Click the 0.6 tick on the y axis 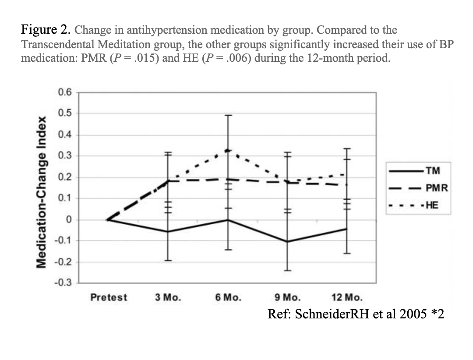coord(64,92)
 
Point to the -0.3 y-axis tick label coord(63,283)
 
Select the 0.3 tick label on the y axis coord(64,156)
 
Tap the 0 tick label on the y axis coord(68,219)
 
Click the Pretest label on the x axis coord(109,297)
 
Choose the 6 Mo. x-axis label coord(228,297)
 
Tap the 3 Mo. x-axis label coord(168,297)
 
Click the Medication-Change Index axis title coord(42,192)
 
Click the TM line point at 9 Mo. coord(287,242)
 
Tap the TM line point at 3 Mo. coord(168,232)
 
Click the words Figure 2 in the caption coord(45,30)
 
